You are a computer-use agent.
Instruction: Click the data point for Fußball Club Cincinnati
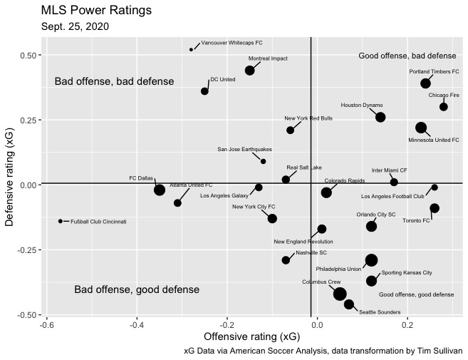tap(61, 221)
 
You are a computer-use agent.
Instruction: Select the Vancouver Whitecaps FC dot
tap(191, 49)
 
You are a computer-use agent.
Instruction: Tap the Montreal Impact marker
tap(250, 70)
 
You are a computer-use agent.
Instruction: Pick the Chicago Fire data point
tap(444, 106)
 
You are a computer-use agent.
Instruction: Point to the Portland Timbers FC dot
tap(426, 83)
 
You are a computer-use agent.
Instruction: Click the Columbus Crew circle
tap(340, 294)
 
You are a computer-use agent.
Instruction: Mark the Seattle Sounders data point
tap(349, 304)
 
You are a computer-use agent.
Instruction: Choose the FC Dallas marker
tap(160, 190)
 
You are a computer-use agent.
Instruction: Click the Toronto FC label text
tap(416, 220)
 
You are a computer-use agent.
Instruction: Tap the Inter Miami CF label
tap(390, 170)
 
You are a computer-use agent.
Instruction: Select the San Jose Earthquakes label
tap(244, 150)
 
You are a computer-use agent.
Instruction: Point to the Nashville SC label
tap(311, 252)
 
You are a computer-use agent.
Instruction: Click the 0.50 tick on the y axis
tap(28, 55)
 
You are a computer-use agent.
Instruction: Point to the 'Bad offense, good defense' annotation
tap(137, 289)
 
